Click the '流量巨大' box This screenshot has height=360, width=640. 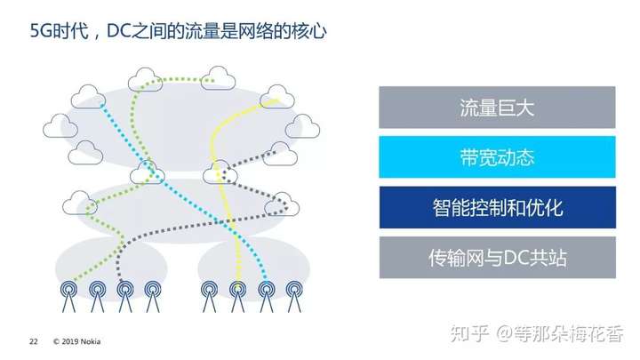pyautogui.click(x=497, y=108)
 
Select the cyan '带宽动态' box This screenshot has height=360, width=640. pyautogui.click(x=497, y=157)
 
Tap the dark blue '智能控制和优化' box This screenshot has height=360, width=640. pyautogui.click(x=498, y=207)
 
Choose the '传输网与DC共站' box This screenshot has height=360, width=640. pyautogui.click(x=498, y=258)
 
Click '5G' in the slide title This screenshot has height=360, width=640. pyautogui.click(x=41, y=31)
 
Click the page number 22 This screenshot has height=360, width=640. pyautogui.click(x=34, y=341)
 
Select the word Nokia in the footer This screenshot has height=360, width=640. pyautogui.click(x=91, y=341)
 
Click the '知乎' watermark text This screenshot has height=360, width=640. pyautogui.click(x=469, y=333)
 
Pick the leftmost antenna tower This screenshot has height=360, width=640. pyautogui.click(x=68, y=296)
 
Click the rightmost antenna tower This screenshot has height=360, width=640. pyautogui.click(x=294, y=296)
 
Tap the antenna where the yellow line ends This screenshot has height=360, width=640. pyautogui.click(x=237, y=296)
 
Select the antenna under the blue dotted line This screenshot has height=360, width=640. pyautogui.click(x=266, y=296)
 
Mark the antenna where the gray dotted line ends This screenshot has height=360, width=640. pyautogui.click(x=125, y=296)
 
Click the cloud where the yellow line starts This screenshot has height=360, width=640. pyautogui.click(x=277, y=97)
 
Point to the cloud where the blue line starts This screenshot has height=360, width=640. pyautogui.click(x=88, y=97)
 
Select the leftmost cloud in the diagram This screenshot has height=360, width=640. pyautogui.click(x=60, y=125)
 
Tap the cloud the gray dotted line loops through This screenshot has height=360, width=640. pyautogui.click(x=282, y=204)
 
